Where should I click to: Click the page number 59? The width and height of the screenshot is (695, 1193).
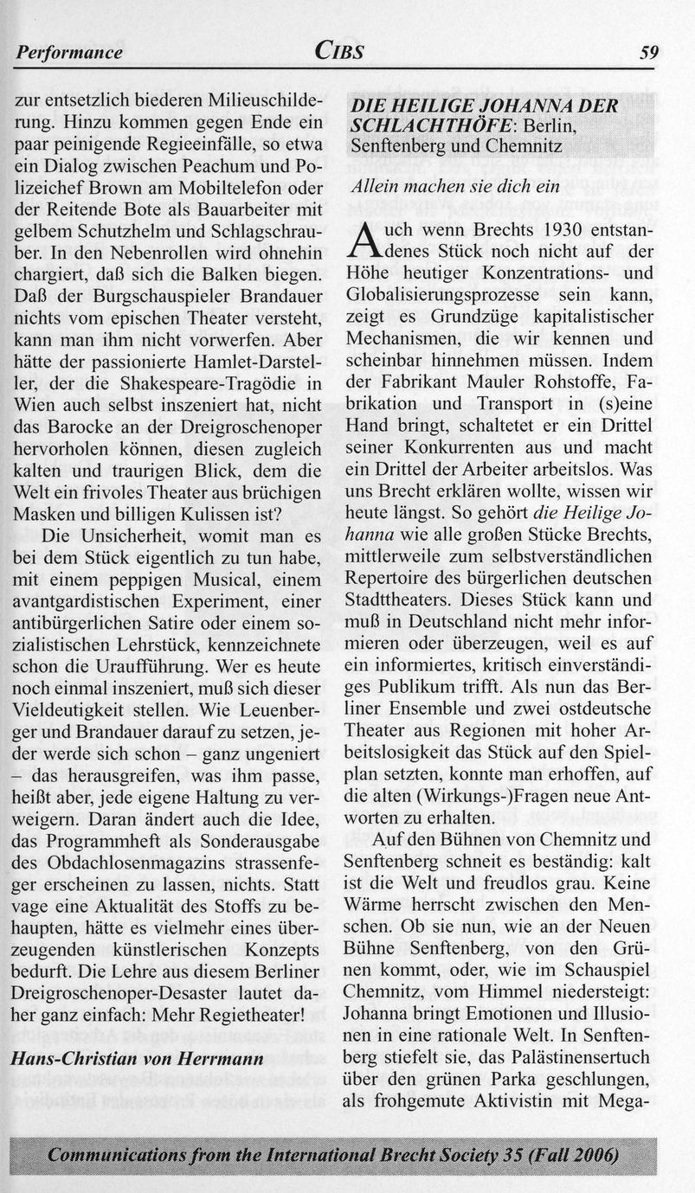pyautogui.click(x=648, y=53)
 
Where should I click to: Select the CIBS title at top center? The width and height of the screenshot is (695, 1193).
pyautogui.click(x=338, y=51)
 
